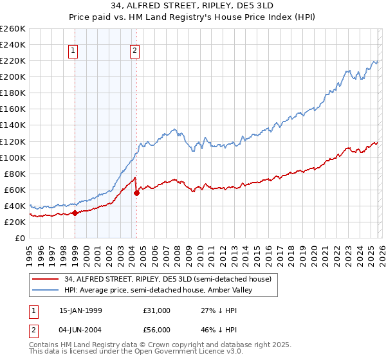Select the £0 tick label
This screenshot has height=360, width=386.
[19, 238]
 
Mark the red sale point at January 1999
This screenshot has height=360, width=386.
[75, 213]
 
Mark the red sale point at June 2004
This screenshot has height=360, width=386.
[136, 193]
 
